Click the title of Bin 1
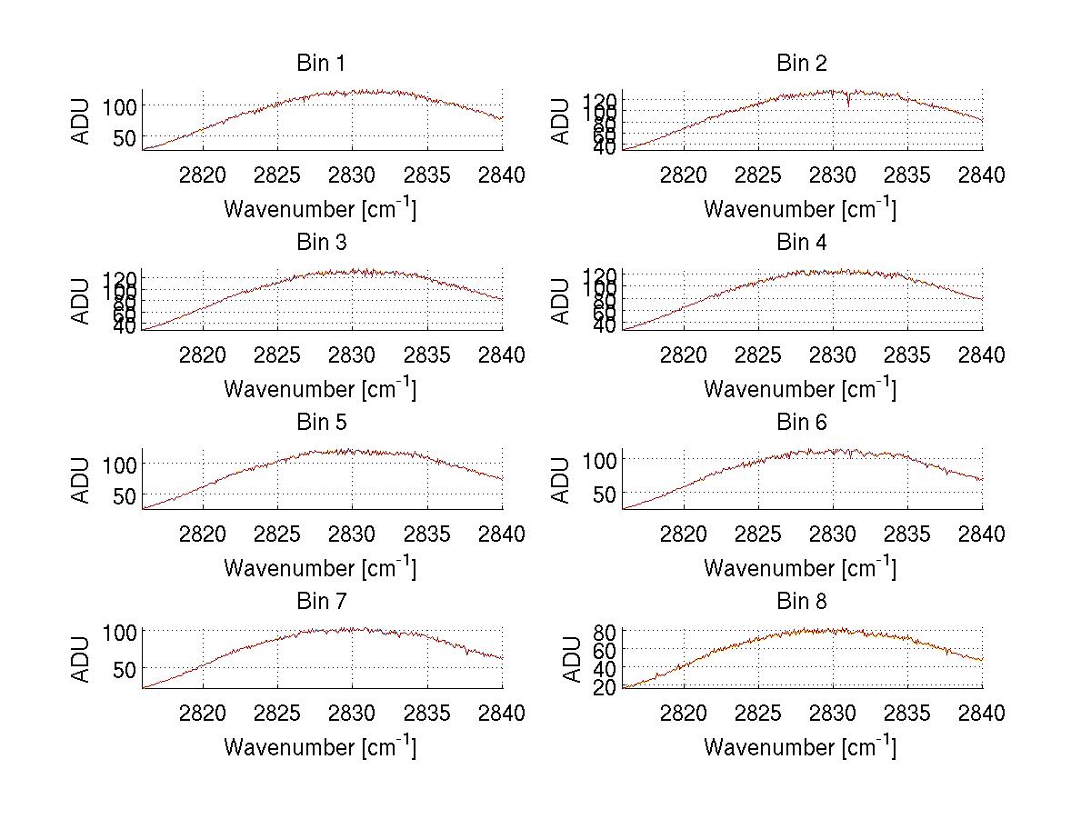321,64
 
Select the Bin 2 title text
801,64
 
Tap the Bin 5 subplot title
321,423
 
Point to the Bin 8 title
801,602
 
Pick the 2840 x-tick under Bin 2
982,175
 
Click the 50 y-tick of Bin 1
125,137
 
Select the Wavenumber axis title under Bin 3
319,389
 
